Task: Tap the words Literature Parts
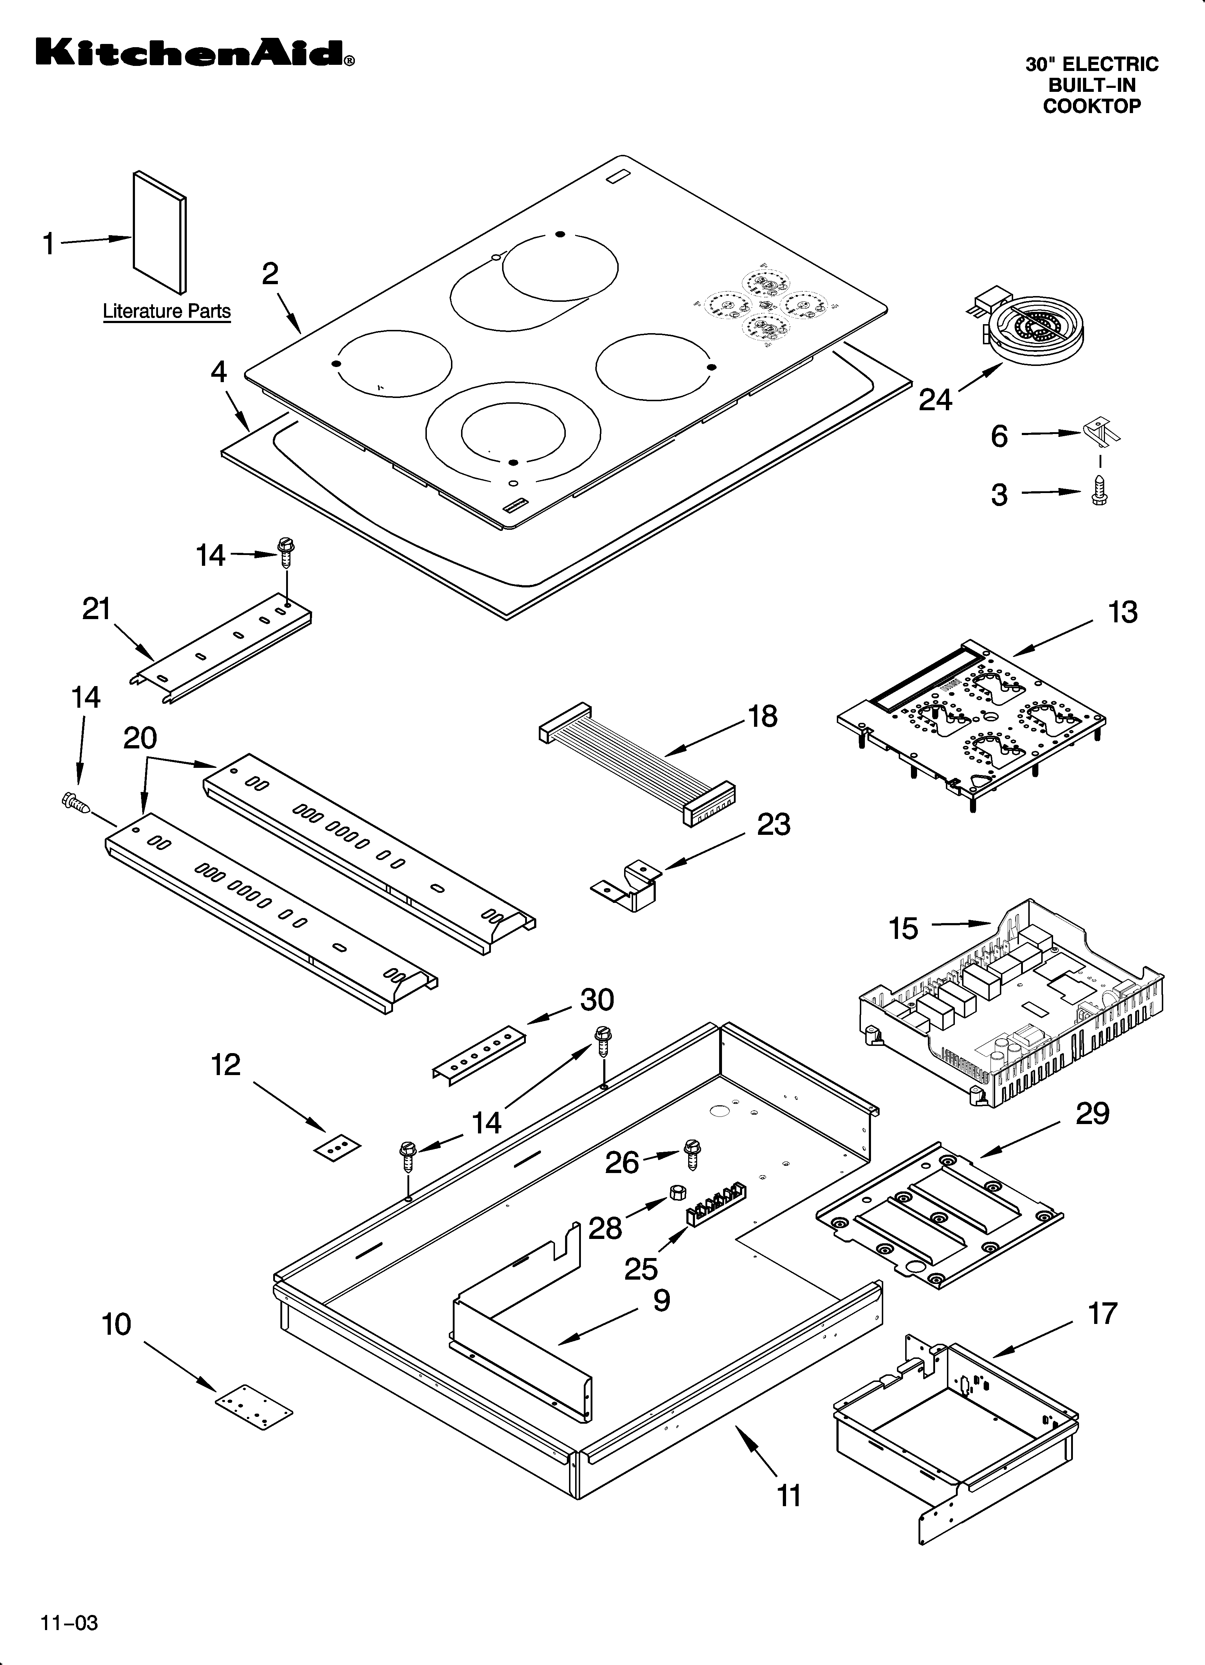[x=167, y=311]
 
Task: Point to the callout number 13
[x=1122, y=612]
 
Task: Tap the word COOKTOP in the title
[x=1092, y=107]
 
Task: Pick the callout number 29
[x=1092, y=1114]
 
